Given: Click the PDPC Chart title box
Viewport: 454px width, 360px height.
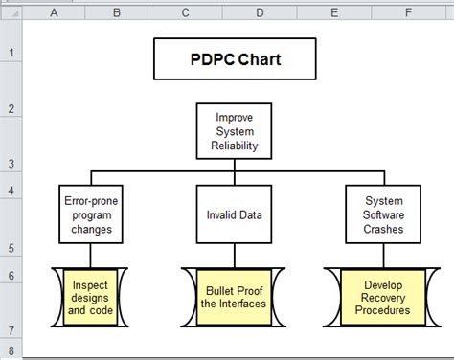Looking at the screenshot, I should (234, 57).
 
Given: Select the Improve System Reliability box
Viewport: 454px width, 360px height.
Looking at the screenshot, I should (234, 131).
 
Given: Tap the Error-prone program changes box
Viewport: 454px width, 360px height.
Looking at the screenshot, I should (91, 214).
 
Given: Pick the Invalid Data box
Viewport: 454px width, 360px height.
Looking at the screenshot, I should (234, 214).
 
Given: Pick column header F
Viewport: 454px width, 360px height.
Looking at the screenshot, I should (408, 12).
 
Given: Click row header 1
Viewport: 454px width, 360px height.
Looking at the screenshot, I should (11, 53).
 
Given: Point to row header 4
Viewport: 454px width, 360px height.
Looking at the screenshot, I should (11, 190).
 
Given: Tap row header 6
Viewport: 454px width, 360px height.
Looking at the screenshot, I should (11, 275).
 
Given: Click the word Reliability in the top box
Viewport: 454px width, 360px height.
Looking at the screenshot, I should (234, 146).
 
